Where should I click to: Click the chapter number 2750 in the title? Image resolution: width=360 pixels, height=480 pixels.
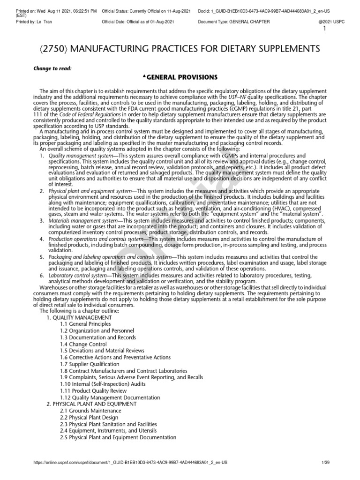point(49,49)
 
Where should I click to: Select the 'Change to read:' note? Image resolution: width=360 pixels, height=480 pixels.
point(52,68)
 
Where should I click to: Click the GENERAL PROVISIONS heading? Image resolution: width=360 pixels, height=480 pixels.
point(180,76)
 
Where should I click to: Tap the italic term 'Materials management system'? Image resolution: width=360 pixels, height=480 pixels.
point(83,221)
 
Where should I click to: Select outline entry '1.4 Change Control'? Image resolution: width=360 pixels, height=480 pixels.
point(83,344)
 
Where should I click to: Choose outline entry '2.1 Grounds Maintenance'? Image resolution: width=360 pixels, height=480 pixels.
point(90,411)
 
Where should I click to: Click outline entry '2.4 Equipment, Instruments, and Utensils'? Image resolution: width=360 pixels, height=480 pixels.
point(108,430)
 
